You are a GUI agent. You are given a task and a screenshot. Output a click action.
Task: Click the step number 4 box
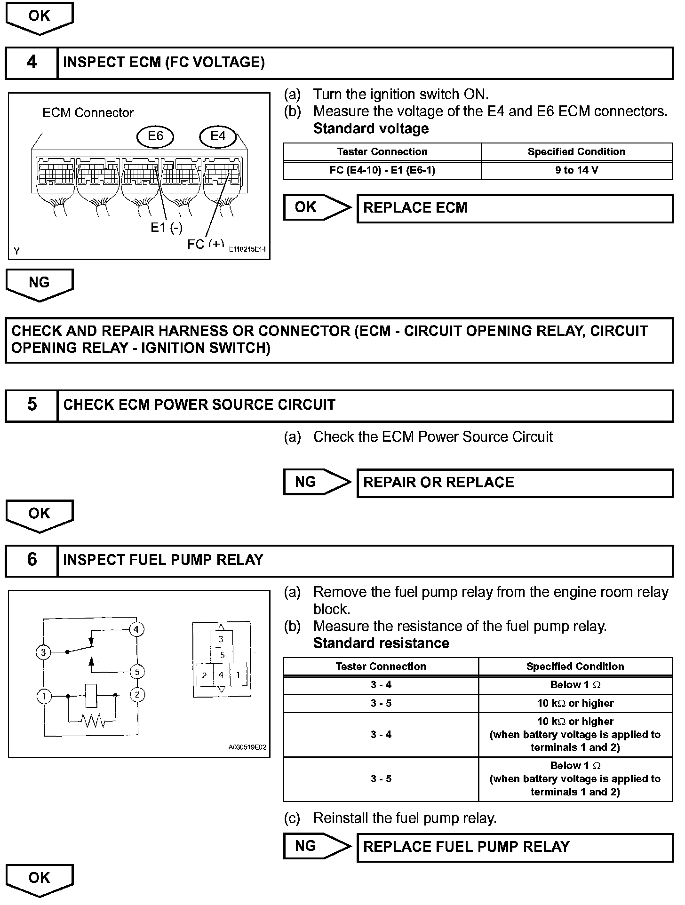(x=32, y=63)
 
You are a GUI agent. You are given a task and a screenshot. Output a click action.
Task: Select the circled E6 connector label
(x=155, y=136)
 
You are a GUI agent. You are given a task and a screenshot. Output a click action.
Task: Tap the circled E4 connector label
(x=218, y=136)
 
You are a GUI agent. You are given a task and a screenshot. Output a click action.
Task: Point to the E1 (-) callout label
(x=167, y=228)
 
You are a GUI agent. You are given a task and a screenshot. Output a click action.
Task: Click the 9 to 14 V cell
(x=576, y=170)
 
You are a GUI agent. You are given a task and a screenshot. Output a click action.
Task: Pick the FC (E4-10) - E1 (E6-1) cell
(x=382, y=170)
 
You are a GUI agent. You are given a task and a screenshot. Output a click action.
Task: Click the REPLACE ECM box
(x=515, y=208)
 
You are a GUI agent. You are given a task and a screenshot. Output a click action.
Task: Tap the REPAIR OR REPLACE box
(x=515, y=483)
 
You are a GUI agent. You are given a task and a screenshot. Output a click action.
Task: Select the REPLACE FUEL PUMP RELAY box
(x=515, y=847)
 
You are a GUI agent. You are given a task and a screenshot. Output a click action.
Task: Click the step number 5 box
(x=32, y=405)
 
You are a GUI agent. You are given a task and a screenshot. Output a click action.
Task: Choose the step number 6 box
(x=32, y=560)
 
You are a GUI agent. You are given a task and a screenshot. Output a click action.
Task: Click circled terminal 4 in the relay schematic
(x=136, y=629)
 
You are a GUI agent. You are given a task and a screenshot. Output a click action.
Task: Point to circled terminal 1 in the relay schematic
(x=44, y=696)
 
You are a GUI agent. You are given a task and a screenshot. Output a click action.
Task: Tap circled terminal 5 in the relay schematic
(x=137, y=672)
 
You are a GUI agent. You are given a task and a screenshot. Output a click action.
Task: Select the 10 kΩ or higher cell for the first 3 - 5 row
(x=575, y=704)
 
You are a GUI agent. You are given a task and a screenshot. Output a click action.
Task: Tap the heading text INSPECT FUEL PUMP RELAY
(x=163, y=560)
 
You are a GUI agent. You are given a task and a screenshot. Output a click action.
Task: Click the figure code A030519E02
(x=247, y=747)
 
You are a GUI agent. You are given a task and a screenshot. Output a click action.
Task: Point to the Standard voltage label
(x=371, y=129)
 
